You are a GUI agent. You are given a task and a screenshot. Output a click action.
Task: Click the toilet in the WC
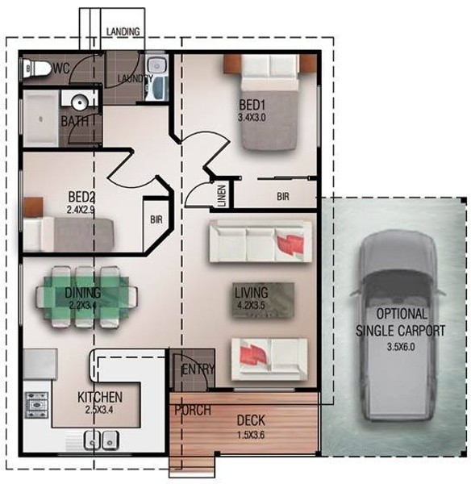coord(37,69)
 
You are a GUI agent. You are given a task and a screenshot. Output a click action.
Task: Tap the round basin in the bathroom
coord(80,102)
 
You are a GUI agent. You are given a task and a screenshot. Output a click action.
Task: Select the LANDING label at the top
coord(123,31)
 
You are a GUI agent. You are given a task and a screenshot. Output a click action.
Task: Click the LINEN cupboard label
coord(222,195)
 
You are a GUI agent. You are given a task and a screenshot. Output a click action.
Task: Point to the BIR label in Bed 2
coord(156,219)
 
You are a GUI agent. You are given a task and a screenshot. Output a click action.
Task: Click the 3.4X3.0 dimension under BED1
coord(252,117)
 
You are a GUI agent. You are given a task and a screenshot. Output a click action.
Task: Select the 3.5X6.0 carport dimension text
coord(401,347)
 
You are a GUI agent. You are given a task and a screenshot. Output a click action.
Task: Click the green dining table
coord(87,297)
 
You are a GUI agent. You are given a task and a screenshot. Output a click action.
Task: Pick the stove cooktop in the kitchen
coord(36,405)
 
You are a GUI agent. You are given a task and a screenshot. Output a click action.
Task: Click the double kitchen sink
coord(102,440)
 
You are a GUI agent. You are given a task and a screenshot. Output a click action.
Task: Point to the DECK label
coord(251,420)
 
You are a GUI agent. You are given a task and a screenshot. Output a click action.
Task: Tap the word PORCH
coord(193,411)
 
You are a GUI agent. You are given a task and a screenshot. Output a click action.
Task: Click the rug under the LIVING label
coord(263,300)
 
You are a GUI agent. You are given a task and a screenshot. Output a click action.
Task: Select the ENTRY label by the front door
coord(198,369)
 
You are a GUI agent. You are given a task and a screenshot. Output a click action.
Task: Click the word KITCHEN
coord(100,397)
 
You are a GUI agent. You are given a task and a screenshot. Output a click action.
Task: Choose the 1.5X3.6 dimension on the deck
coord(251,436)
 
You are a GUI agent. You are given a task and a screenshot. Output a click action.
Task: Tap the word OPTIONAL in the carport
coord(402,314)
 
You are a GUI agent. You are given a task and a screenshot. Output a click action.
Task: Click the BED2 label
coord(81,197)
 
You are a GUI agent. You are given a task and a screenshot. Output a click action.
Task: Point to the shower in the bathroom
coord(41,119)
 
